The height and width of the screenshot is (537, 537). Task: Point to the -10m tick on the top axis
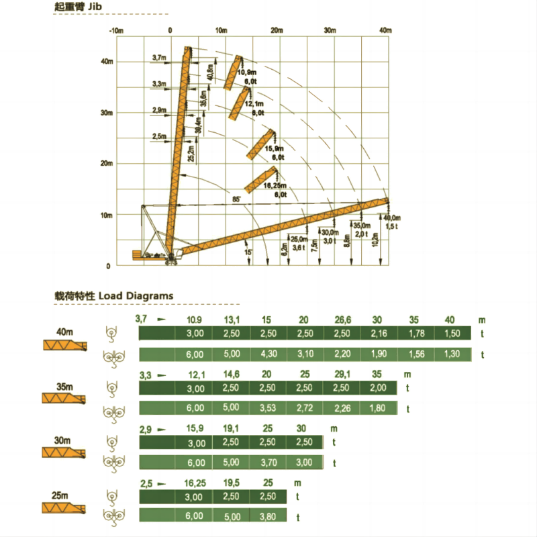(117, 31)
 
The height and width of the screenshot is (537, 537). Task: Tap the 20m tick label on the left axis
(106, 164)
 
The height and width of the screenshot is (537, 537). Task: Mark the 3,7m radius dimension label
(159, 58)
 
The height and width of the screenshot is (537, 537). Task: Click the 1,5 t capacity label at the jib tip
(391, 226)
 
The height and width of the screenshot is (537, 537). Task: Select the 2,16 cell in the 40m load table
(380, 334)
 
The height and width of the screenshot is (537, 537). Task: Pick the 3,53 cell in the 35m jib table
(270, 407)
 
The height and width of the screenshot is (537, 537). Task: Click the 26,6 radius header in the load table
(342, 320)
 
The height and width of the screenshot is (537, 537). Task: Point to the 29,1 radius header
(342, 374)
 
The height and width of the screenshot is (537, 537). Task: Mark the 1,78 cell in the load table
(416, 334)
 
